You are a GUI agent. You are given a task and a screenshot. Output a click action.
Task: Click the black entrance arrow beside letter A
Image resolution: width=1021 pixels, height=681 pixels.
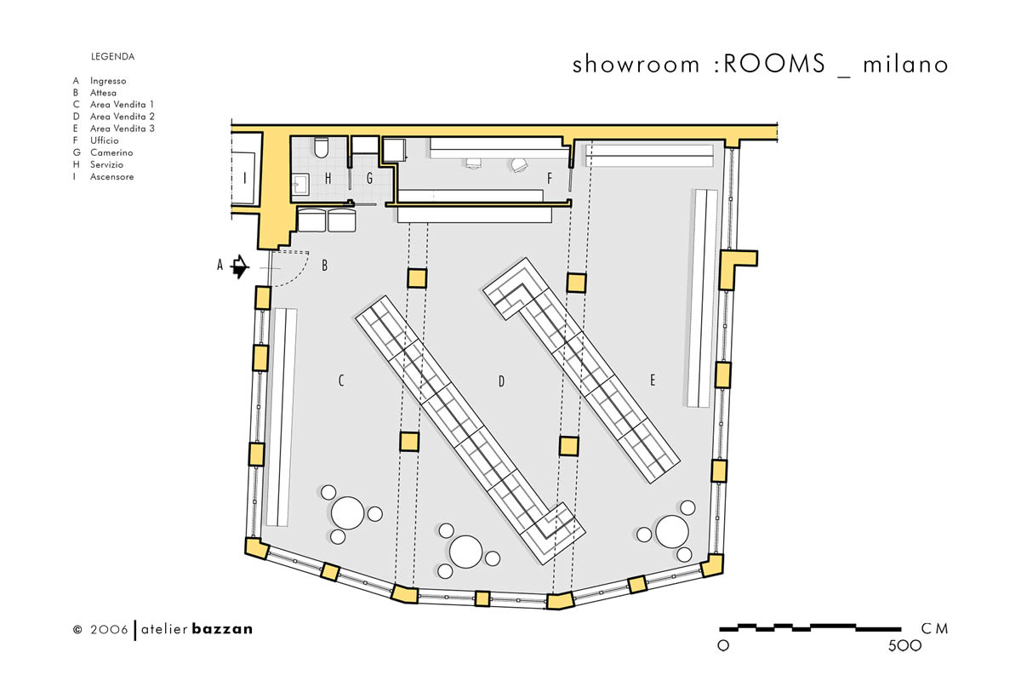240,266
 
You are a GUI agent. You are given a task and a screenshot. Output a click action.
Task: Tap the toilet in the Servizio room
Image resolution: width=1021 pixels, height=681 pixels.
322,148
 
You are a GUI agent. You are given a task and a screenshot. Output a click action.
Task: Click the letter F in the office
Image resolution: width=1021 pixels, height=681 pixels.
550,179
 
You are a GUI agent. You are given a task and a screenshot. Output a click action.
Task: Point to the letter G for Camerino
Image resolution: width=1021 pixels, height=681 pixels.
369,179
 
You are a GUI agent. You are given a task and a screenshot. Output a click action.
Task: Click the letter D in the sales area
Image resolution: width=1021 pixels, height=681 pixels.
501,381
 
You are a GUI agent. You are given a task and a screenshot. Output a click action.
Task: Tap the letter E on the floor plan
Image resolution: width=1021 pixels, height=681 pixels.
653,380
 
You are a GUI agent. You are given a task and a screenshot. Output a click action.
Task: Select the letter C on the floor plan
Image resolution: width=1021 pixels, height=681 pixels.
341,381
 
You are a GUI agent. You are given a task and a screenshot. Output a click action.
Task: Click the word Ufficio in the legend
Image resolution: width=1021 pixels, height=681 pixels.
105,140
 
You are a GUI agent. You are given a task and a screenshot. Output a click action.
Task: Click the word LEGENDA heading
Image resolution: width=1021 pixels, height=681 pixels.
112,56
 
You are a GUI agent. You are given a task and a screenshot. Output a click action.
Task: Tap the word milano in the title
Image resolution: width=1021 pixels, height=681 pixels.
905,65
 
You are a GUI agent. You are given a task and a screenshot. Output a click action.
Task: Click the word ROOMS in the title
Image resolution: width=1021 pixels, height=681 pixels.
774,63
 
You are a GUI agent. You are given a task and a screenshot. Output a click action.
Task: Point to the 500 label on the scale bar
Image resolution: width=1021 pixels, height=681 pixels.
904,646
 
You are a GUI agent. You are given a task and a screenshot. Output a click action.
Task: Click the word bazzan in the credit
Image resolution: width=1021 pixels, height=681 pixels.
222,629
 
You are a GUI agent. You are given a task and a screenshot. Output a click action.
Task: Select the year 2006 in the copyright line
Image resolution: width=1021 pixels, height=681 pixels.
109,629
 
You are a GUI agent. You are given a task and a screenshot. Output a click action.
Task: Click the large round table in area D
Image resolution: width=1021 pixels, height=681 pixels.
466,552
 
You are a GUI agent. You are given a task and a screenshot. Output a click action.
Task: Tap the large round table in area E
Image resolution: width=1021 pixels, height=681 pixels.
672,532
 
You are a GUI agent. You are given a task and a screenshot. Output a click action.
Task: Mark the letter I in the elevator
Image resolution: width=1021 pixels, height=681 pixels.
245,178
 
